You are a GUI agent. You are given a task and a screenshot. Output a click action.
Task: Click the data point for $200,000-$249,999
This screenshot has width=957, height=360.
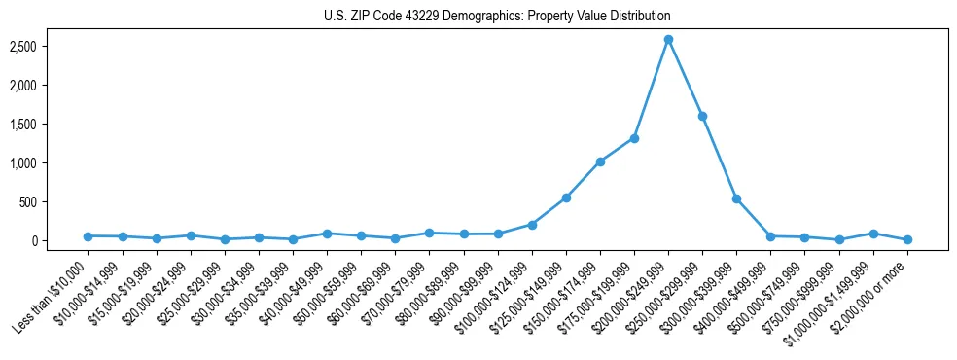668,40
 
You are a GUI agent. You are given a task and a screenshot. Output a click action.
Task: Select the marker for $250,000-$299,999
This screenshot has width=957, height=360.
702,116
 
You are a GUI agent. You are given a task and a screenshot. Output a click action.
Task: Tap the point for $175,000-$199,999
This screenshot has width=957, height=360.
634,138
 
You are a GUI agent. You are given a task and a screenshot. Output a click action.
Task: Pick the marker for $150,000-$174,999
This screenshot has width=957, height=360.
600,162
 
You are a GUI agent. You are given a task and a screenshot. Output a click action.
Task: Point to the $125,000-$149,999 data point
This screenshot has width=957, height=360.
566,198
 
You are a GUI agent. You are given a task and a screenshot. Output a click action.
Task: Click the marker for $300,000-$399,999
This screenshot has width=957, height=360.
736,198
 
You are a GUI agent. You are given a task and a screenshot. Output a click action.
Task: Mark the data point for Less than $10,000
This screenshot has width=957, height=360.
88,236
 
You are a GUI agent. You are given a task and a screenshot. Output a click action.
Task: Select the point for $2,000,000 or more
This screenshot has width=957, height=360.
907,239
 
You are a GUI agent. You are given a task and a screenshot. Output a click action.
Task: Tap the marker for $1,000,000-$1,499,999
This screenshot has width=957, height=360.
873,234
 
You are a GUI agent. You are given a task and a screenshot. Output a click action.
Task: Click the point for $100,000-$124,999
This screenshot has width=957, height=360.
532,225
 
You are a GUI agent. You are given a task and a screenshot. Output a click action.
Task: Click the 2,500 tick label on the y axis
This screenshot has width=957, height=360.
49,47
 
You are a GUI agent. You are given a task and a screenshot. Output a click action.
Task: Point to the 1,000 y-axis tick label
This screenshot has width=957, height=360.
49,163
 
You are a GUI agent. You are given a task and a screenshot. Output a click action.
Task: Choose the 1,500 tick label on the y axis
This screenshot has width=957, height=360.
49,125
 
